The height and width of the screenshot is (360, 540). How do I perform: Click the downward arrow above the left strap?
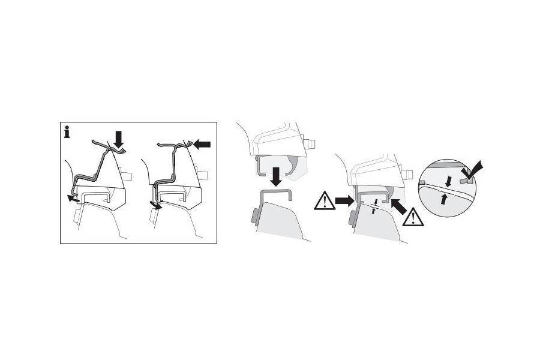119,140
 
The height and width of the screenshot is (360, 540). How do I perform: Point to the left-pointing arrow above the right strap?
203,144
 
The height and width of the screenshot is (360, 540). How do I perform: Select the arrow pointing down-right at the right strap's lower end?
158,206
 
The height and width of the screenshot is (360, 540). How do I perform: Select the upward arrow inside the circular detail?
445,199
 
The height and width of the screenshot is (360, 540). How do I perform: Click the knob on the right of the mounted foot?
410,175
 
